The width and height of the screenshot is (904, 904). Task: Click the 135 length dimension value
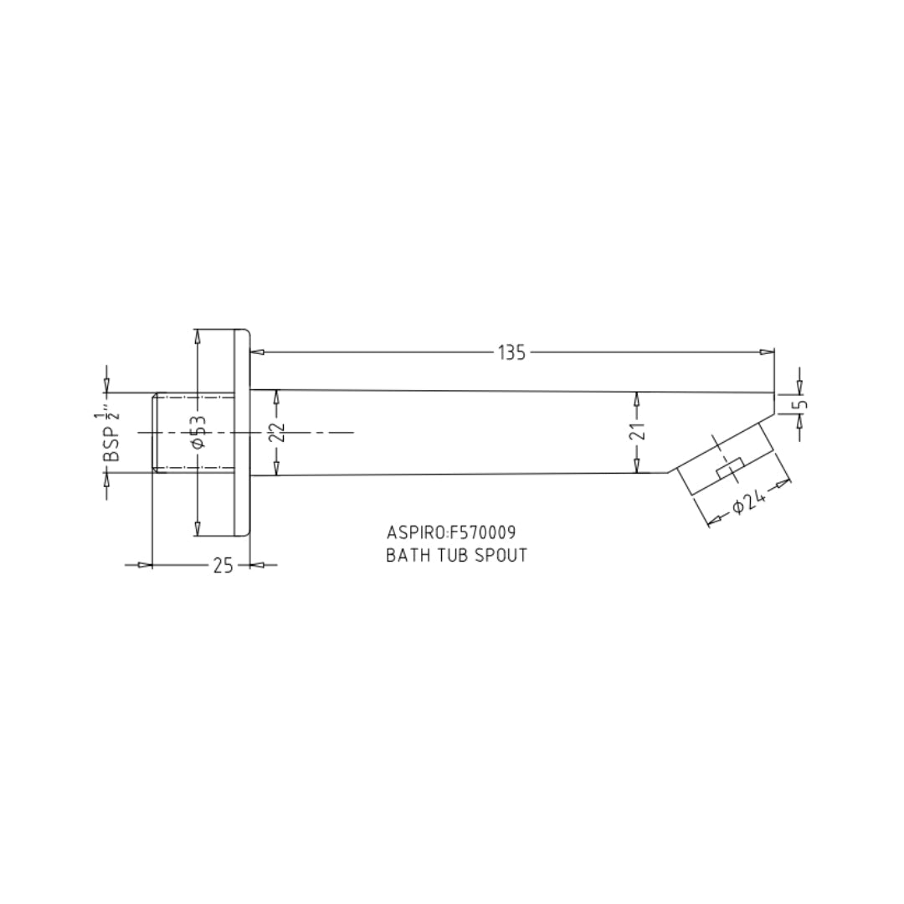tap(512, 352)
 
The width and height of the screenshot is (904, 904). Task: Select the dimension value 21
tap(638, 431)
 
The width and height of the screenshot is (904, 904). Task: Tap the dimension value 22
tap(278, 433)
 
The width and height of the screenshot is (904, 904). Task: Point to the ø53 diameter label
tap(198, 431)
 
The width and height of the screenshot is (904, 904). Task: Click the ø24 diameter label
tap(749, 501)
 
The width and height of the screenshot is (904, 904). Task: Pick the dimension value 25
tap(223, 566)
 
